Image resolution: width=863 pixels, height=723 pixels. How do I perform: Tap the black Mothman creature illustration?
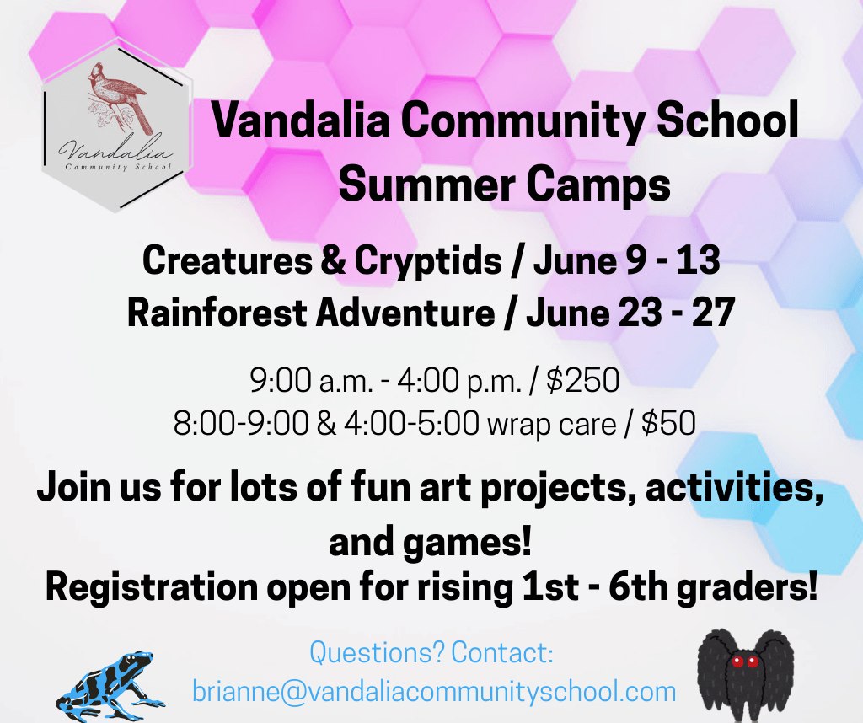(745, 676)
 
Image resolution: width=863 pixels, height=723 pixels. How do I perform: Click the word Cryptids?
(427, 260)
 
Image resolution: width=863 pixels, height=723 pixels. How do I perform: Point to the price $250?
(583, 380)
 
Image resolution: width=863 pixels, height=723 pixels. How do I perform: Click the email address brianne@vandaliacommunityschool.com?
(434, 691)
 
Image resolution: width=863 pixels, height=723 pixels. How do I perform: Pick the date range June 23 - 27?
(630, 313)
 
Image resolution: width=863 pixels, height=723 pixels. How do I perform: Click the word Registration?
(152, 587)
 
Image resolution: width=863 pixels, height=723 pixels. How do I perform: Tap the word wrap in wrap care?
(519, 426)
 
